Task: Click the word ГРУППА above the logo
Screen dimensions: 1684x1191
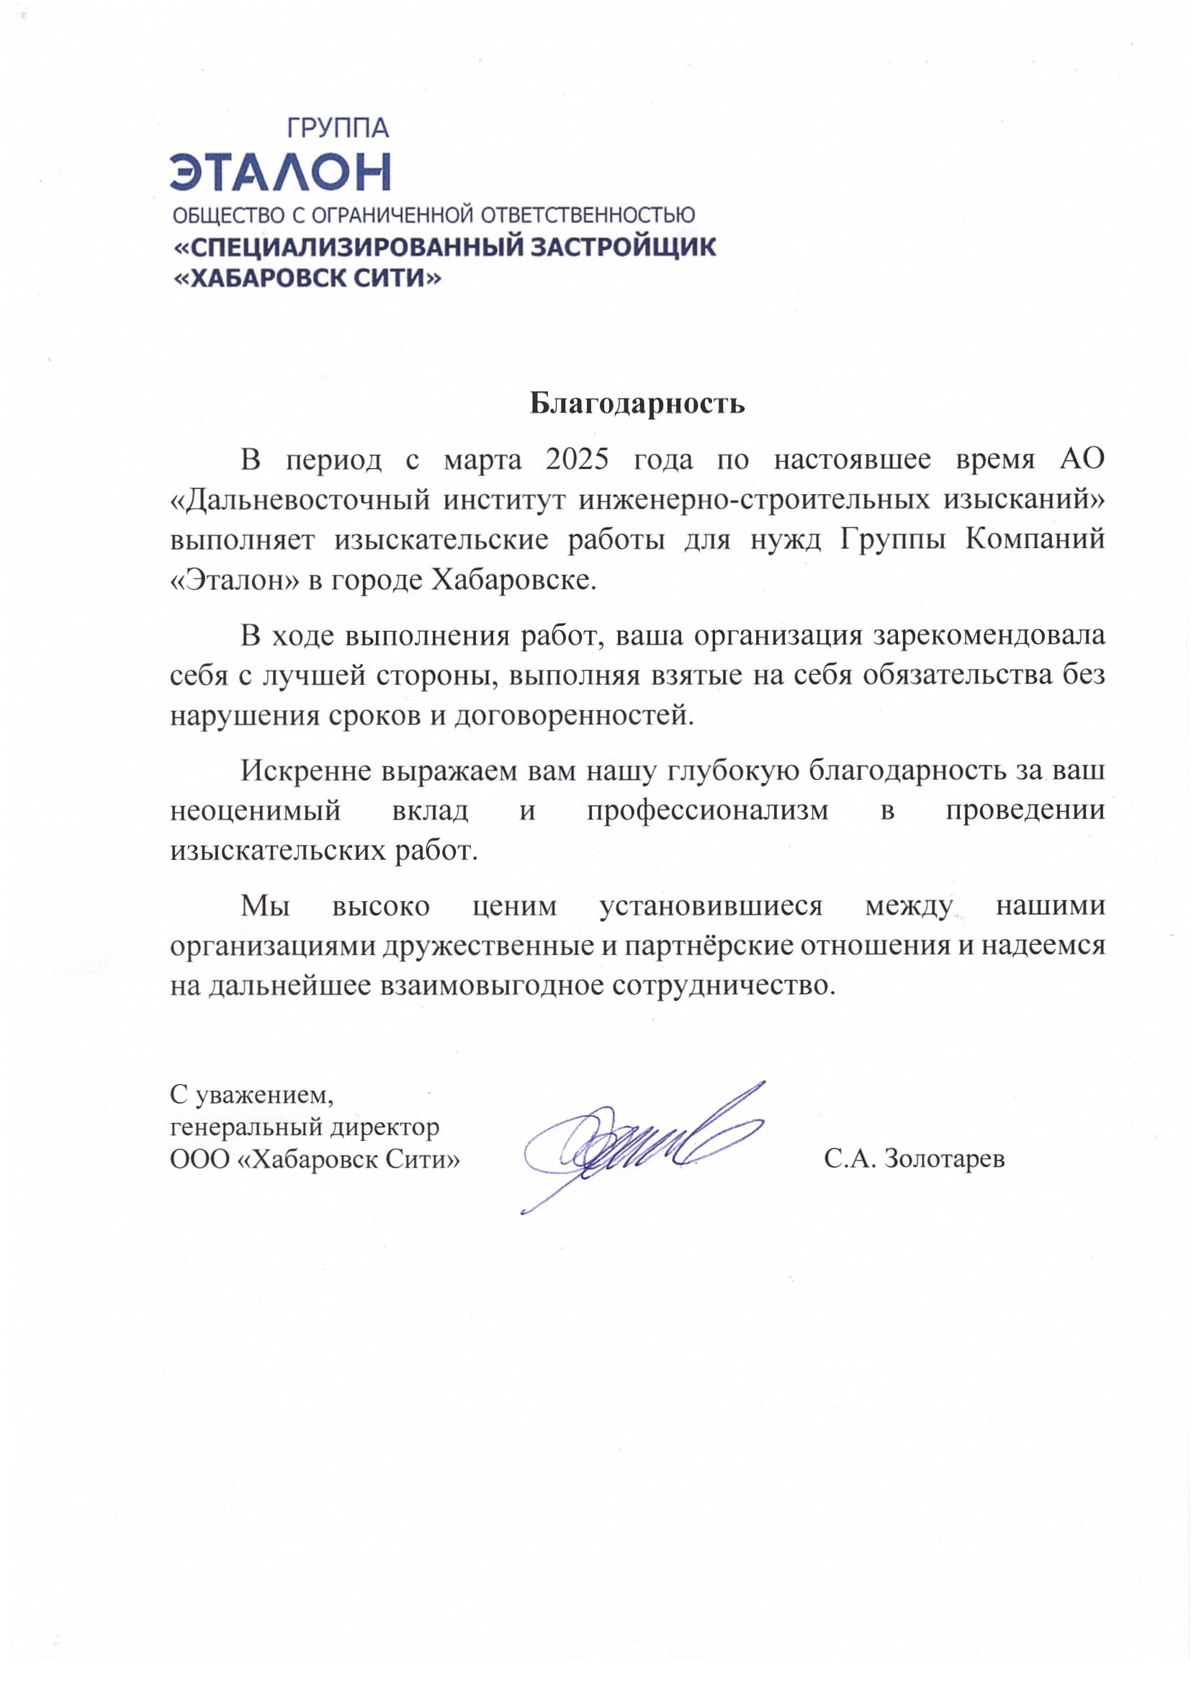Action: [x=336, y=128]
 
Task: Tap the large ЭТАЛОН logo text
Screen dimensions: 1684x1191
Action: [x=280, y=171]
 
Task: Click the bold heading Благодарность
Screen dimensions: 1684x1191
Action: [x=637, y=403]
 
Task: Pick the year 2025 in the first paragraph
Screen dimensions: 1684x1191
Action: [x=577, y=459]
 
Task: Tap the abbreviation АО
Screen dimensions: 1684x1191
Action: [x=1082, y=459]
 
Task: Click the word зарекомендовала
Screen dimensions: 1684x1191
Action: [x=989, y=635]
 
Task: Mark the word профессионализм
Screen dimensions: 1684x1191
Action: [x=707, y=810]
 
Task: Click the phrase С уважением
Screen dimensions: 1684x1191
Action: [x=251, y=1094]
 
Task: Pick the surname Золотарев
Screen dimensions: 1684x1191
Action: [x=944, y=1159]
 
